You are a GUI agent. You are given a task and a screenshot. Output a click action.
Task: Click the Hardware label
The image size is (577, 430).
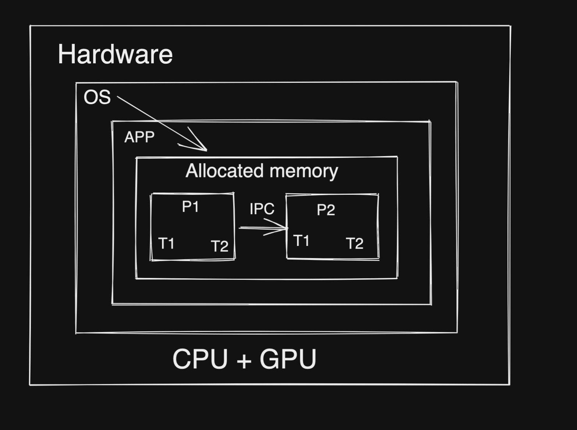[115, 54]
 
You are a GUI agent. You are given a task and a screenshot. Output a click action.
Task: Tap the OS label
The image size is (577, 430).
[97, 97]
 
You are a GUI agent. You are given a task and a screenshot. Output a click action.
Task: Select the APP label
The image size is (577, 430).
[139, 137]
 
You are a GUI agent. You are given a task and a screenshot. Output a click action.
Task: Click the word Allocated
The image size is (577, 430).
[224, 171]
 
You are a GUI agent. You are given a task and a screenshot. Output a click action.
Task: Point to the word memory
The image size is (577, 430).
[304, 172]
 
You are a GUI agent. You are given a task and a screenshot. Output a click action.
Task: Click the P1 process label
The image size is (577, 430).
[191, 207]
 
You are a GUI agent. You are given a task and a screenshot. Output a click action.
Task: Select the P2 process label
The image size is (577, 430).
[326, 210]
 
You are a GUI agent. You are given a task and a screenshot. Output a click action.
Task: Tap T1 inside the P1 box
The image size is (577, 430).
[166, 243]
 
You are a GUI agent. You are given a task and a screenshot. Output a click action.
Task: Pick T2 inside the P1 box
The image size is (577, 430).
[220, 246]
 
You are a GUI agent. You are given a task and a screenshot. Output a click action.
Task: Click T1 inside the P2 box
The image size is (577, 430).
[301, 241]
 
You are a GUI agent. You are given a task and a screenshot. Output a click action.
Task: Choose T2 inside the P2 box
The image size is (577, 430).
[355, 244]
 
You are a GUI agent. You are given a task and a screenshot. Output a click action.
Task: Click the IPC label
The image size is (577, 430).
[262, 209]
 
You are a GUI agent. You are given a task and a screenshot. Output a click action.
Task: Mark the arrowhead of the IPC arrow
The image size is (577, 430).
[286, 228]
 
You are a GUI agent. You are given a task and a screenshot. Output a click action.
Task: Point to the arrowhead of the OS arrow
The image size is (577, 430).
[205, 149]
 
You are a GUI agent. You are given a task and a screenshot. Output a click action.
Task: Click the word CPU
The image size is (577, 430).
[200, 359]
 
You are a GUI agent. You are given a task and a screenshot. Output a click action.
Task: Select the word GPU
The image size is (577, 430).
[288, 359]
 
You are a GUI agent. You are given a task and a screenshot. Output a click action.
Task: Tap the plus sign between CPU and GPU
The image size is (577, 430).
[244, 360]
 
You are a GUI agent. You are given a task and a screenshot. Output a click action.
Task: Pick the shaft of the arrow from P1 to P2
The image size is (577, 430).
[258, 228]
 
